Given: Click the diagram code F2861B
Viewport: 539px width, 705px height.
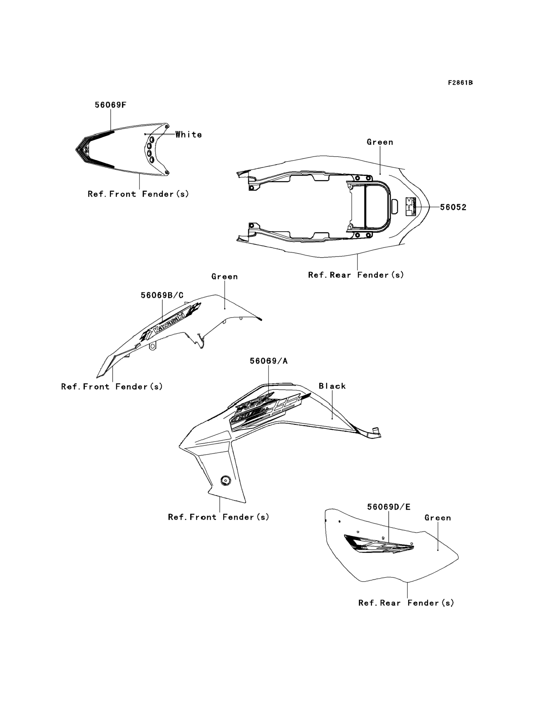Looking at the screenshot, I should pyautogui.click(x=460, y=83).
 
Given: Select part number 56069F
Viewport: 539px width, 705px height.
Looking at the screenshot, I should pyautogui.click(x=110, y=105).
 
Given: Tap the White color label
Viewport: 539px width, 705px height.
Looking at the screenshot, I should pyautogui.click(x=189, y=135).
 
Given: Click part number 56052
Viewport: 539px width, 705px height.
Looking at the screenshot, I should pyautogui.click(x=453, y=207).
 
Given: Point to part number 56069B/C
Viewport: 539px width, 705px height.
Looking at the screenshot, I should pyautogui.click(x=162, y=295).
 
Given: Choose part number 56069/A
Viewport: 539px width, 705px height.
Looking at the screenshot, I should pyautogui.click(x=268, y=361).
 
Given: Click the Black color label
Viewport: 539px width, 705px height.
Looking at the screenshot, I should pyautogui.click(x=332, y=386).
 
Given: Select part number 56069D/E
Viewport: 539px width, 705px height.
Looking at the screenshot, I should pyautogui.click(x=388, y=507).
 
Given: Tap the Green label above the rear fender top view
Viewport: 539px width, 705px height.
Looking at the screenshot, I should pyautogui.click(x=380, y=142).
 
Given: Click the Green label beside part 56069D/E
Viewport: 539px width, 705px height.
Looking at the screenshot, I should pyautogui.click(x=438, y=518).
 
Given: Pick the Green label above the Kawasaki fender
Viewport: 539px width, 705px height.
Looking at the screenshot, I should pyautogui.click(x=225, y=276).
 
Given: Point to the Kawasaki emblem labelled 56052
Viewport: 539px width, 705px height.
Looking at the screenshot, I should pyautogui.click(x=411, y=206).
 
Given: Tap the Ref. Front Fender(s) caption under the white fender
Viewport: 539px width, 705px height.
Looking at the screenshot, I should pyautogui.click(x=138, y=194).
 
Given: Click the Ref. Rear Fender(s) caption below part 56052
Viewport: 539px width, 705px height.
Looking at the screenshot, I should pyautogui.click(x=356, y=275).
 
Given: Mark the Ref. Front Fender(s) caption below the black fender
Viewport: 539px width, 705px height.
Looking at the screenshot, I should pyautogui.click(x=219, y=517).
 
